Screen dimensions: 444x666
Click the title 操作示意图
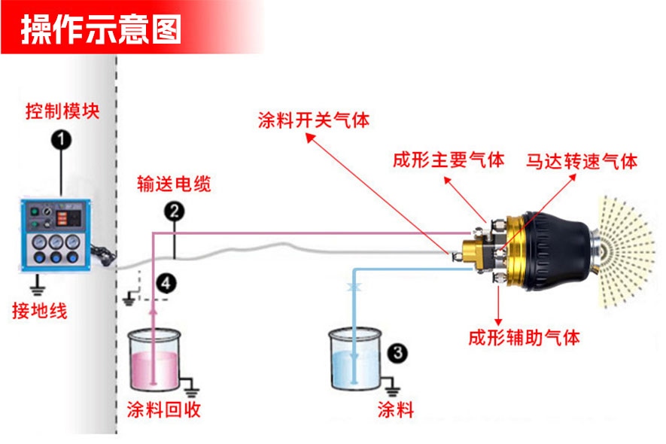101,29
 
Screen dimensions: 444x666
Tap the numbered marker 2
175,211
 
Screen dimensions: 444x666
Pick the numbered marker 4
167,282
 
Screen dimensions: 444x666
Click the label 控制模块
62,112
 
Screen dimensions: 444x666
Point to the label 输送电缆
174,184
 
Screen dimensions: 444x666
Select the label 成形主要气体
448,160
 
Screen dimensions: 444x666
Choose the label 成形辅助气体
524,336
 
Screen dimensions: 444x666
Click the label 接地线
39,310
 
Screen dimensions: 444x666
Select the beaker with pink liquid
155,359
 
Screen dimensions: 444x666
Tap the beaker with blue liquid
355,359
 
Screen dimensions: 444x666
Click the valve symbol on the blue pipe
353,287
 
